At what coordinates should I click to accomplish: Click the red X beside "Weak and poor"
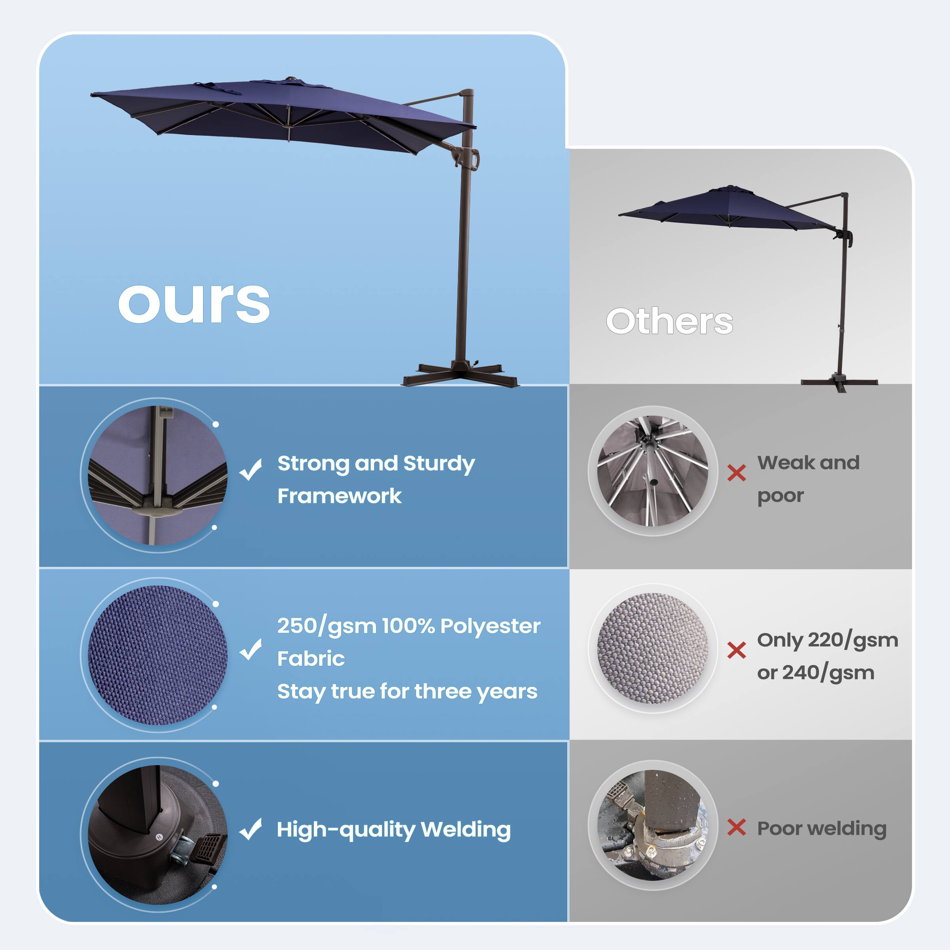(736, 473)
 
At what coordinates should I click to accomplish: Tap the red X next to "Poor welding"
(736, 828)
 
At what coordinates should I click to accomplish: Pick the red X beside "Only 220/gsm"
(736, 650)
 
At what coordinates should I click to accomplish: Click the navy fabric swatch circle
(158, 655)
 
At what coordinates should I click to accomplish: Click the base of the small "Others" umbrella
(839, 382)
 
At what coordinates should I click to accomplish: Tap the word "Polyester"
(490, 626)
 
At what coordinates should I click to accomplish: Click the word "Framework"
(339, 496)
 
